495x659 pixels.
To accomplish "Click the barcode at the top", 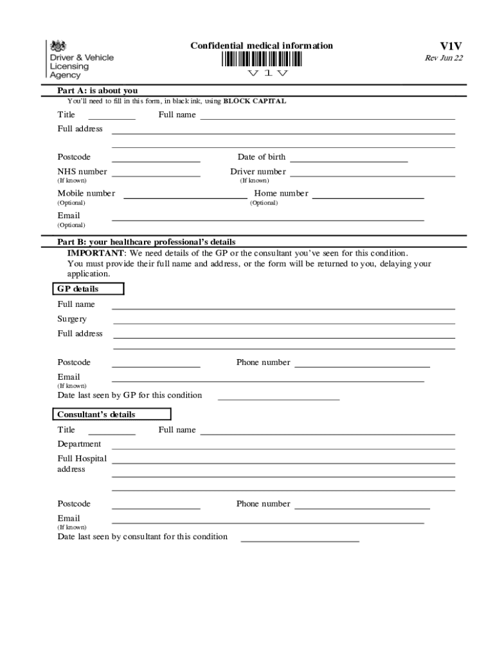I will pyautogui.click(x=263, y=59).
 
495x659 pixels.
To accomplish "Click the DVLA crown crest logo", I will pyautogui.click(x=59, y=46).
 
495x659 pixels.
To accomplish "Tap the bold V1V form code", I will pyautogui.click(x=451, y=46).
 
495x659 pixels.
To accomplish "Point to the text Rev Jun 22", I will pyautogui.click(x=444, y=59).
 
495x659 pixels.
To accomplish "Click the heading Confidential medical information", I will pyautogui.click(x=262, y=46).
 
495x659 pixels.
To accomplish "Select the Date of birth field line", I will pyautogui.click(x=349, y=160).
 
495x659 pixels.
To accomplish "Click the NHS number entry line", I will pyautogui.click(x=156, y=174).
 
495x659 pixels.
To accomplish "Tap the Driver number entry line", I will pyautogui.click(x=373, y=174).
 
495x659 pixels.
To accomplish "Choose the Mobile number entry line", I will pyautogui.click(x=184, y=196).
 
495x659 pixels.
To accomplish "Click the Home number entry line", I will pyautogui.click(x=368, y=196).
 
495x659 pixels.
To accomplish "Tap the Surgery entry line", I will pyautogui.click(x=283, y=322).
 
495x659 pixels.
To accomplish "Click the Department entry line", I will pyautogui.click(x=283, y=447).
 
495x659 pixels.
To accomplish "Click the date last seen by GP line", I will pyautogui.click(x=278, y=398).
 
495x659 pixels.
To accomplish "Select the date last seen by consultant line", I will pyautogui.click(x=300, y=540).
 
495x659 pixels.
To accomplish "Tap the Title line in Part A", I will pyautogui.click(x=112, y=118).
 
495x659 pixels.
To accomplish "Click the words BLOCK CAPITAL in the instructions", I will pyautogui.click(x=255, y=102).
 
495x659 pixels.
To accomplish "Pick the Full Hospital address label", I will pyautogui.click(x=82, y=464).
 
